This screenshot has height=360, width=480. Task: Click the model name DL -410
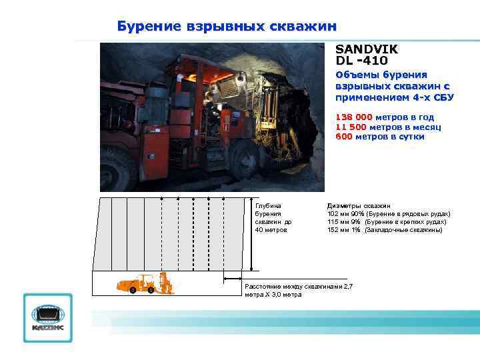[x=361, y=60]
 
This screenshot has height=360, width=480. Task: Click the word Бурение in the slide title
[x=149, y=27]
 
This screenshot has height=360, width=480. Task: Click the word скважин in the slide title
[x=303, y=27]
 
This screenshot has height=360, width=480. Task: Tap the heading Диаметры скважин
[x=359, y=205]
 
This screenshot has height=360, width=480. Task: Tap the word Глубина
[x=268, y=205]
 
